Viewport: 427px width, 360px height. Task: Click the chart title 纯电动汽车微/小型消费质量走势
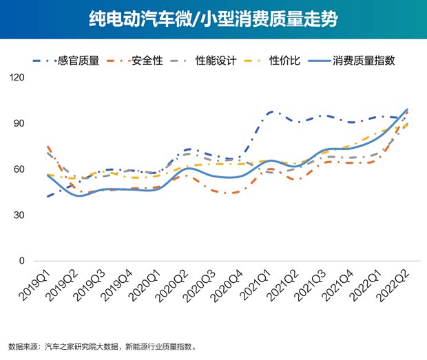pos(213,19)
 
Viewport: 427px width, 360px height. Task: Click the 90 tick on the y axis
pos(19,124)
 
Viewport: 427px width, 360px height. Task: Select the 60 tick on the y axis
pos(19,169)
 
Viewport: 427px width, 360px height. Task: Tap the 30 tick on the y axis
pos(19,215)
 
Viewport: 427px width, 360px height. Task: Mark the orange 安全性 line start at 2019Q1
pos(48,147)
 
